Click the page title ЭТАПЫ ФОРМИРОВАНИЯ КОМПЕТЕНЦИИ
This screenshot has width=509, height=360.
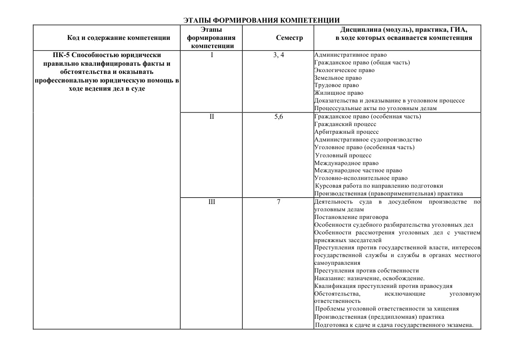point(262,20)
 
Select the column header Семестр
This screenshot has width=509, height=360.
point(289,38)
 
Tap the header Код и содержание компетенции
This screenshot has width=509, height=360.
point(119,38)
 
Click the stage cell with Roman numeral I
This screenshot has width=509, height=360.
point(212,55)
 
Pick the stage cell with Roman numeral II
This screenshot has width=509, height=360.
point(212,117)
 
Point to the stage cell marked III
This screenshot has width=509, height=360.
point(212,202)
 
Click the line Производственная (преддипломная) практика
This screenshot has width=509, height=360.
point(379,317)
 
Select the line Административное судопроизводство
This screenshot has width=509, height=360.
point(368,140)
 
